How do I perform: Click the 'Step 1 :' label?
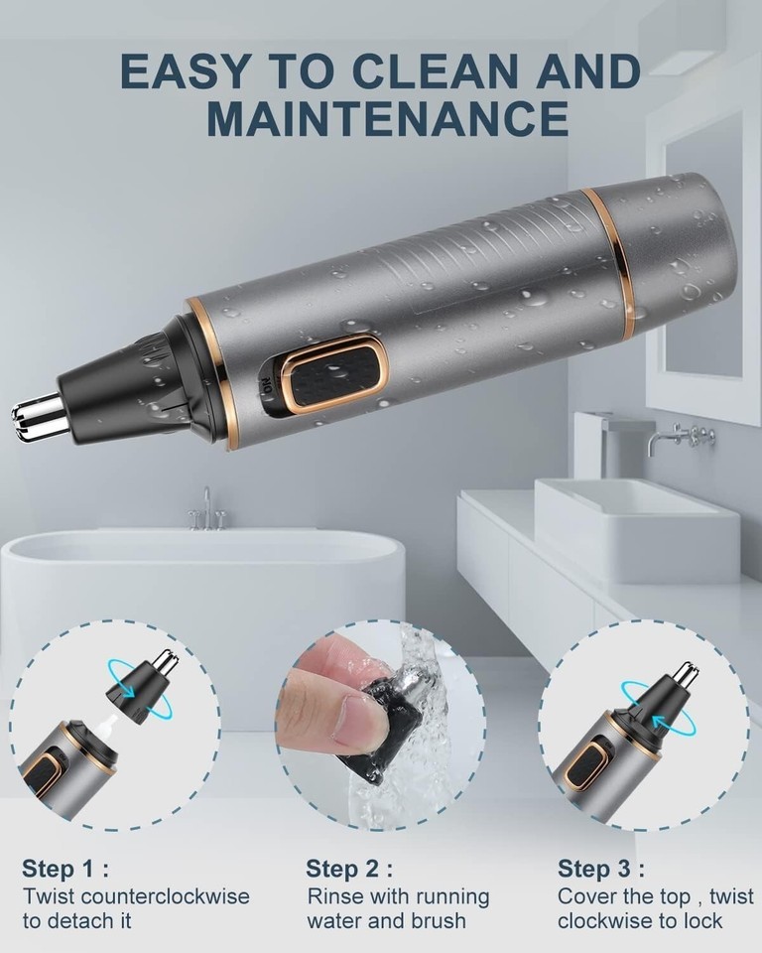pyautogui.click(x=65, y=869)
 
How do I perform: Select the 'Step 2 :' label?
pyautogui.click(x=349, y=869)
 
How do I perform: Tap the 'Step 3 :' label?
pyautogui.click(x=601, y=869)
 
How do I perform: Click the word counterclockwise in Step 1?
pyautogui.click(x=165, y=896)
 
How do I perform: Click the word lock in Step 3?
pyautogui.click(x=703, y=921)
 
